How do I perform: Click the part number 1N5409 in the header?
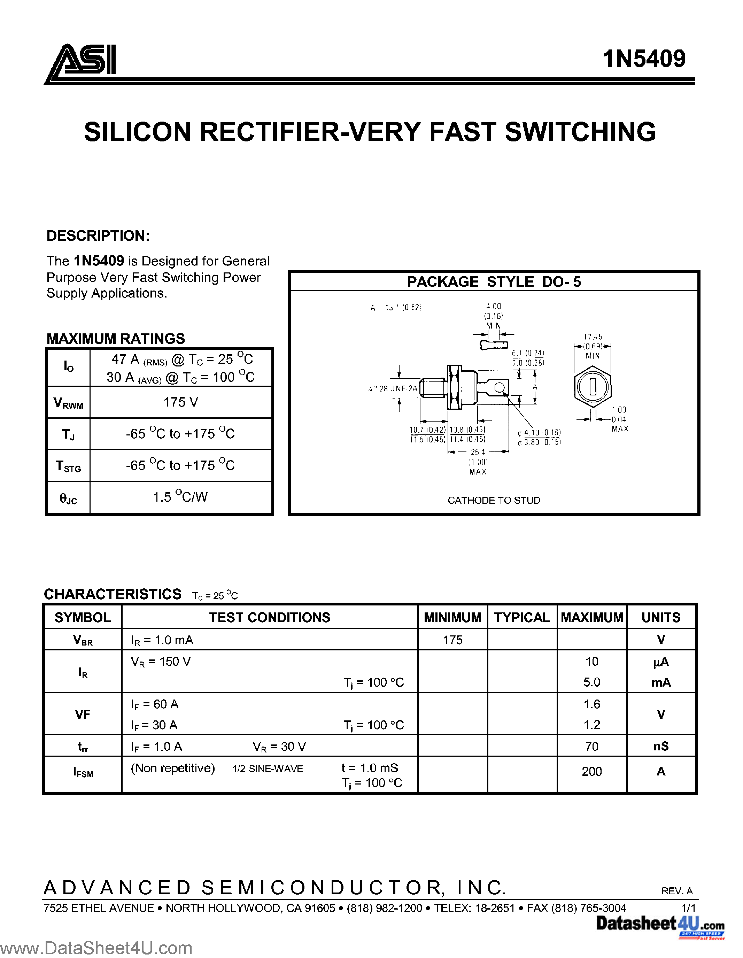pyautogui.click(x=644, y=59)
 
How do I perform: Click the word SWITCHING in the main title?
pyautogui.click(x=580, y=132)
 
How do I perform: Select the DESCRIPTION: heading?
pyautogui.click(x=98, y=236)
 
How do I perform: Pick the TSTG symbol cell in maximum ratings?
pyautogui.click(x=68, y=466)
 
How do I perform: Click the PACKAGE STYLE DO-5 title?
pyautogui.click(x=494, y=281)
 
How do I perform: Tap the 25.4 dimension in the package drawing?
pyautogui.click(x=478, y=452)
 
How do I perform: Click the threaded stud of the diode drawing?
pyautogui.click(x=432, y=388)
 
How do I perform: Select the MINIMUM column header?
pyautogui.click(x=452, y=617)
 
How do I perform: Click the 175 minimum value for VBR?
pyautogui.click(x=452, y=640)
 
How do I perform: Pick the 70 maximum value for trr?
pyautogui.click(x=592, y=747)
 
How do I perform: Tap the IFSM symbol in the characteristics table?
pyautogui.click(x=83, y=772)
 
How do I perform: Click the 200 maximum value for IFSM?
pyautogui.click(x=592, y=772)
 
